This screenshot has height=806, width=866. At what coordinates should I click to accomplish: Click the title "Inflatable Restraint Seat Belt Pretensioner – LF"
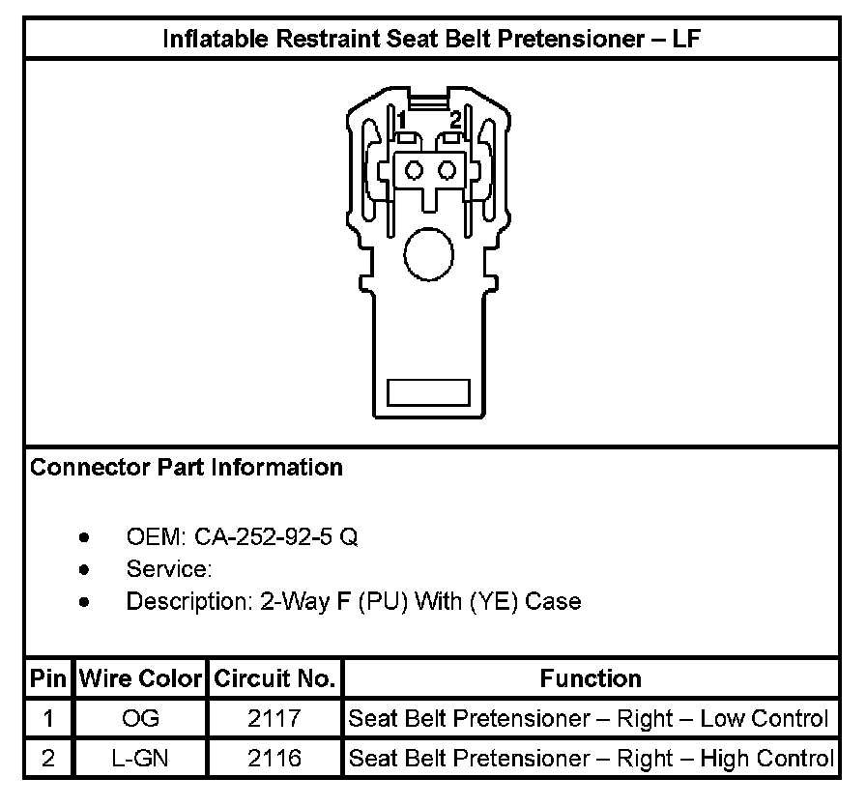coord(431,40)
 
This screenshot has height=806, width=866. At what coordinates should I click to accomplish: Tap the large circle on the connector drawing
coord(427,255)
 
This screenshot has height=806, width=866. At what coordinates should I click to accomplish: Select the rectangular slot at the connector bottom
coord(428,392)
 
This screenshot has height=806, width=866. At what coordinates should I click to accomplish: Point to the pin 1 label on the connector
coord(400,120)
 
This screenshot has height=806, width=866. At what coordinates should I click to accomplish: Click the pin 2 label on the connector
coord(455,120)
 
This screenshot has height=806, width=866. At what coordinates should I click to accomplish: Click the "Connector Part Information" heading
coord(187,468)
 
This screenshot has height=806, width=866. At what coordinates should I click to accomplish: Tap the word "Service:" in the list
coord(169,569)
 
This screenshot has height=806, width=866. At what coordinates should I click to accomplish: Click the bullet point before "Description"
coord(86,602)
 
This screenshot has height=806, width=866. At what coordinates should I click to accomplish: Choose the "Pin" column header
coord(47,677)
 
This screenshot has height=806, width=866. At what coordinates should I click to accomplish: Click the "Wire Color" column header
coord(140,677)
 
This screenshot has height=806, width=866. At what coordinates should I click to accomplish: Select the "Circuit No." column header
coord(274,677)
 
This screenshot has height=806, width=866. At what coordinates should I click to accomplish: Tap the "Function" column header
coord(591,677)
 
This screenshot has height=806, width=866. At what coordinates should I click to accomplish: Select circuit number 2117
coord(274,719)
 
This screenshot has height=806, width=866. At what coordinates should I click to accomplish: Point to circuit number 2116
coord(274,759)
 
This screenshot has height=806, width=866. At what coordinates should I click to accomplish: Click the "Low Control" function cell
coord(589,719)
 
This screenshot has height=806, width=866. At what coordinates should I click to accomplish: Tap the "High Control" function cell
coord(591,759)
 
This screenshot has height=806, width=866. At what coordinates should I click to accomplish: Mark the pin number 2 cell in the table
coord(47,759)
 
